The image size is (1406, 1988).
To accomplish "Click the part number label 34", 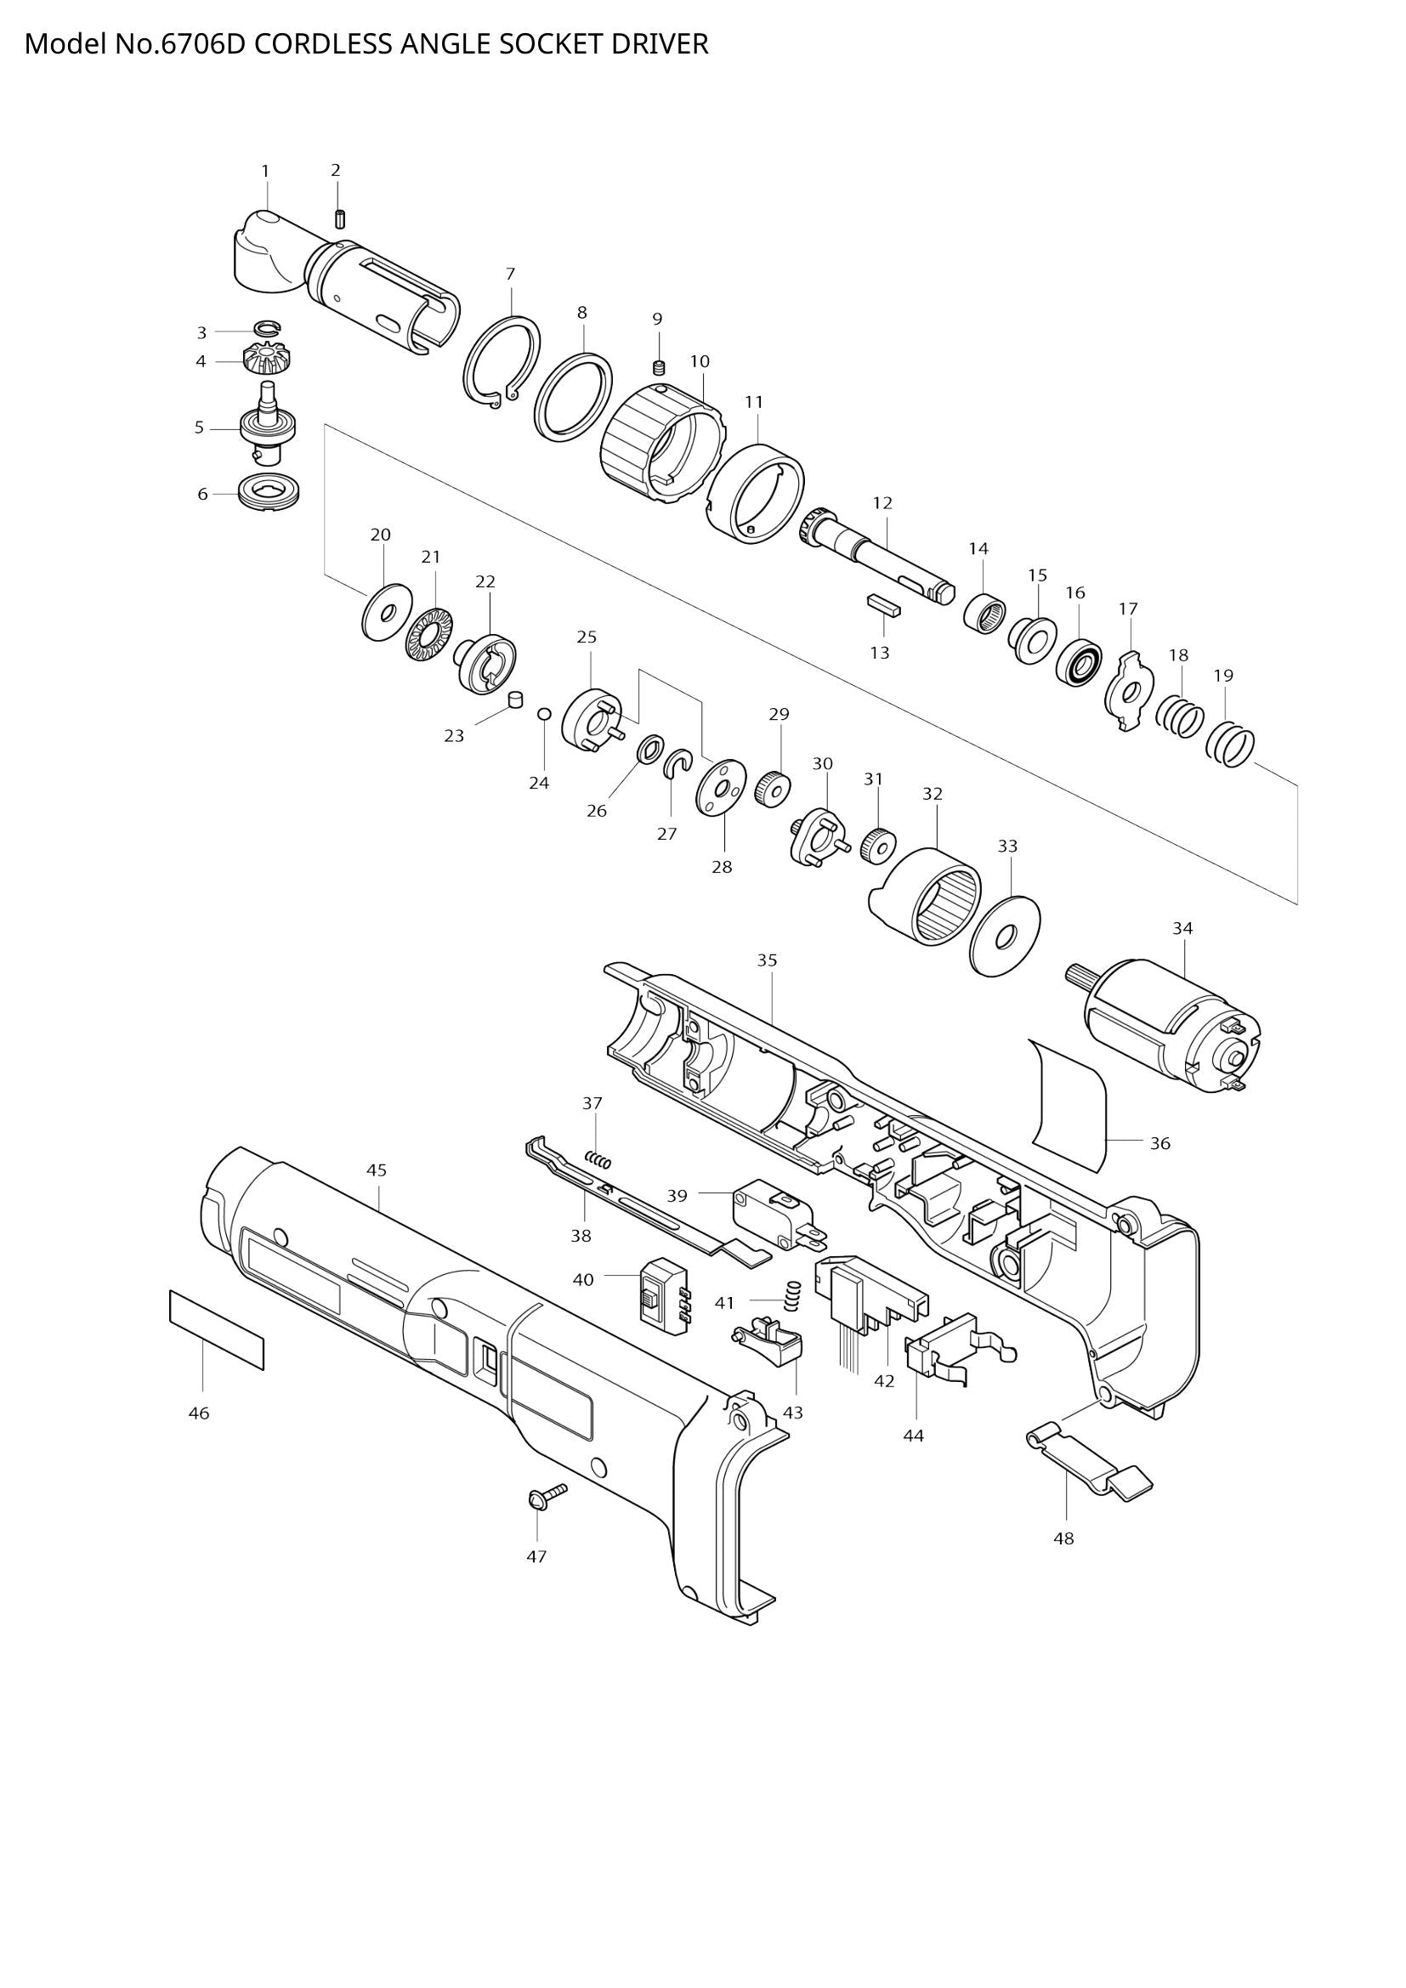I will tap(1182, 928).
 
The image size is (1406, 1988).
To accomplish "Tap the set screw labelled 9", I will tap(659, 368).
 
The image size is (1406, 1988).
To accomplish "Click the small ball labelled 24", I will tap(544, 713).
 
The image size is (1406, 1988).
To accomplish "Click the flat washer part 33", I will tap(1005, 936).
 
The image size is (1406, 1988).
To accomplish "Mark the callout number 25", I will tap(587, 637).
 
